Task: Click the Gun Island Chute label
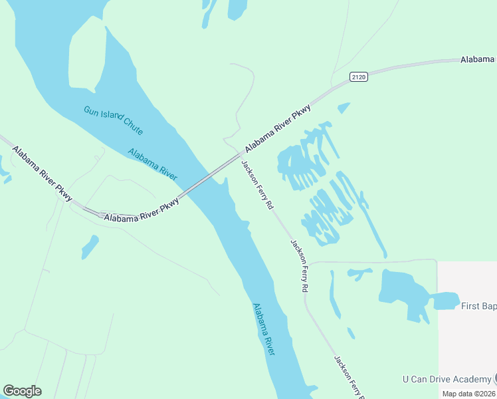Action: (113, 121)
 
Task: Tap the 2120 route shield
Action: (359, 77)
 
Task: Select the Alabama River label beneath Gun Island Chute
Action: (152, 164)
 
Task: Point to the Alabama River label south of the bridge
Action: (263, 329)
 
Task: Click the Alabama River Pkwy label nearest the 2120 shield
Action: (278, 127)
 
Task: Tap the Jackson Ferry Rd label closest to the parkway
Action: (257, 186)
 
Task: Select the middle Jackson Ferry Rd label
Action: (299, 266)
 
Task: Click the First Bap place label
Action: (478, 306)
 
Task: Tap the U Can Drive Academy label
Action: (447, 380)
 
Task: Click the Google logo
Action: (22, 391)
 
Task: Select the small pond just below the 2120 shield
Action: (343, 107)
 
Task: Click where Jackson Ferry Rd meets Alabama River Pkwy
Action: (241, 154)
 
